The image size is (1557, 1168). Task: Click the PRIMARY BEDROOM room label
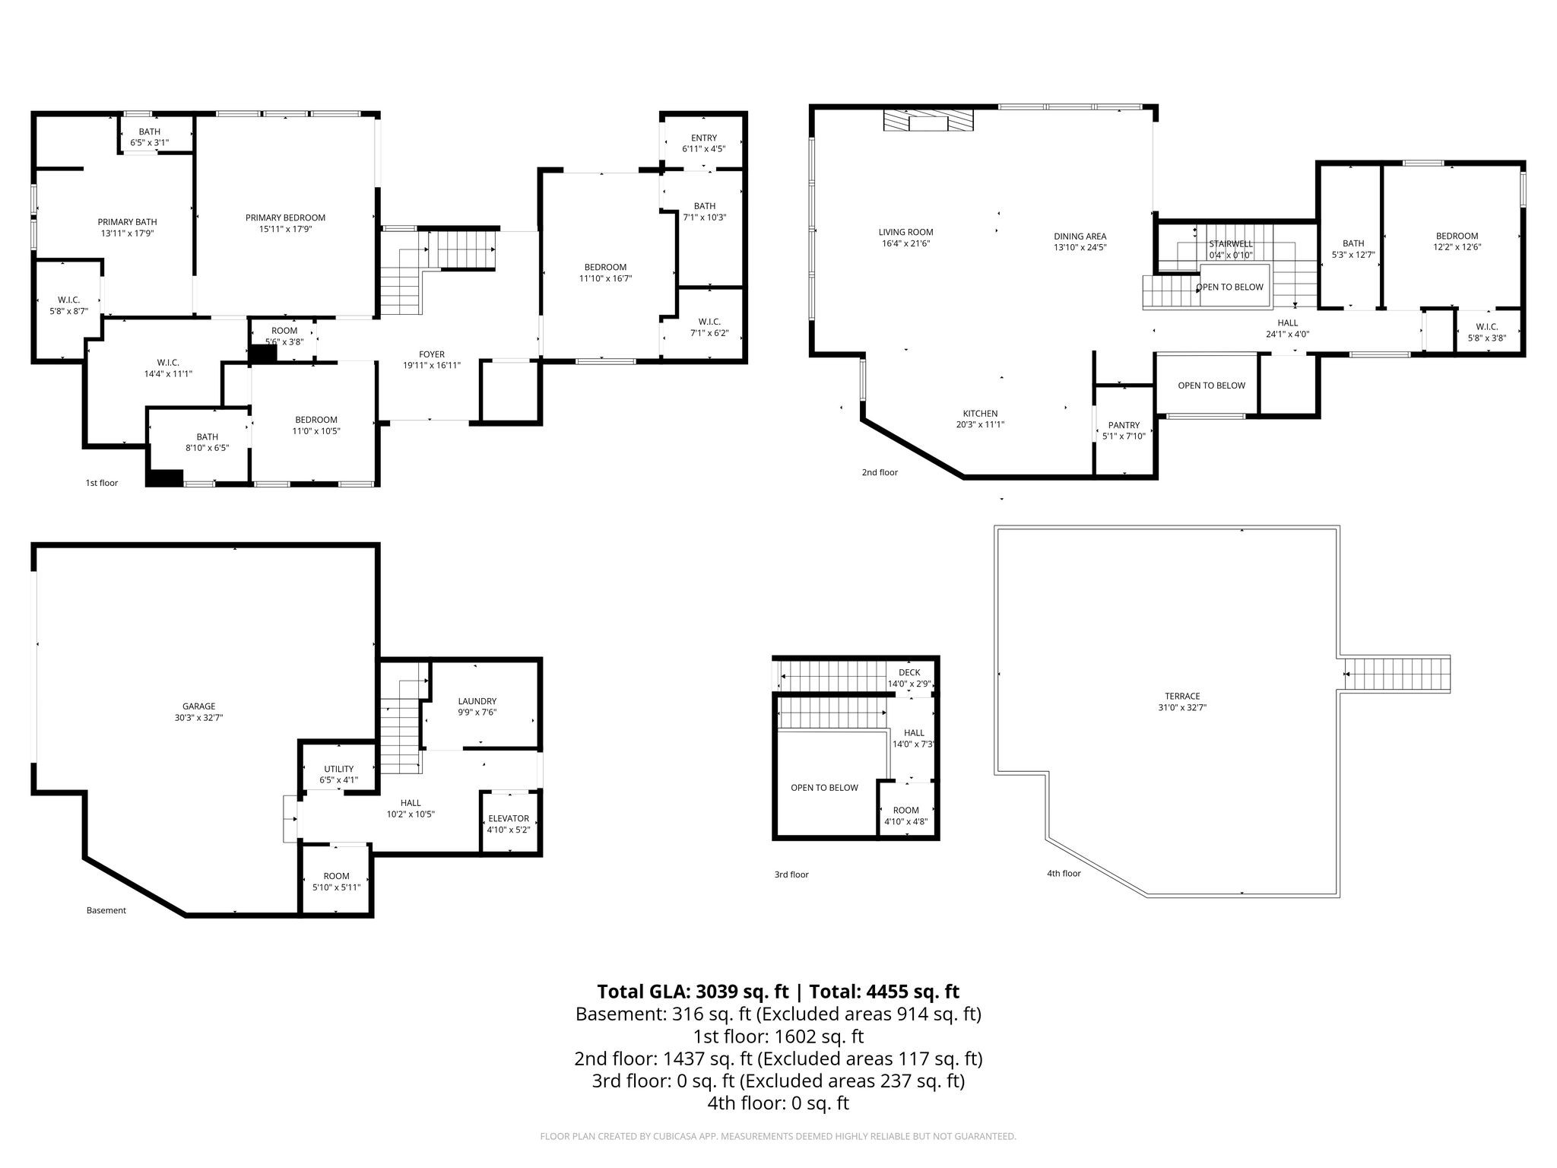tap(285, 218)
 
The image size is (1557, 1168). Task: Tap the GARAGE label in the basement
tap(198, 706)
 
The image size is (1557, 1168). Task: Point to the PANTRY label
tap(1124, 425)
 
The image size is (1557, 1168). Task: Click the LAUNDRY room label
tap(477, 701)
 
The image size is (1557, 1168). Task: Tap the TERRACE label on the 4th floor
tap(1182, 696)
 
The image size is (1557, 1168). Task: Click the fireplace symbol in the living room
tap(928, 120)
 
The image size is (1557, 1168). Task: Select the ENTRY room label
tap(704, 138)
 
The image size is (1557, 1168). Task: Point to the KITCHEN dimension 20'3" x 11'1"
tap(980, 425)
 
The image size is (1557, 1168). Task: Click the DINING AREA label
tap(1080, 236)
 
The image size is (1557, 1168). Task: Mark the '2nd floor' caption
tap(880, 472)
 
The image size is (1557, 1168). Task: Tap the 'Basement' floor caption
tap(106, 910)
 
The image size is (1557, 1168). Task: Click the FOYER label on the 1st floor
tap(432, 354)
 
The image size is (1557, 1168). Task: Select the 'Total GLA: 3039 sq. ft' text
tap(693, 992)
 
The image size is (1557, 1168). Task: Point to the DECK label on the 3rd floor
tap(909, 672)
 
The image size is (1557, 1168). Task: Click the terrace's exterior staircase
tap(1397, 674)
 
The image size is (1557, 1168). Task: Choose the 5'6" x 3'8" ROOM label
tap(284, 336)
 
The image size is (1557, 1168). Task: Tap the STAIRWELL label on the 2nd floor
tap(1231, 243)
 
